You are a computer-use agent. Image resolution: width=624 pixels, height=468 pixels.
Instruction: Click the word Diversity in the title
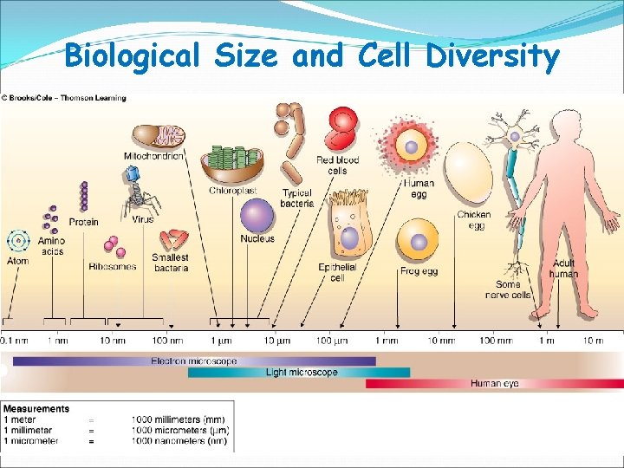(x=494, y=56)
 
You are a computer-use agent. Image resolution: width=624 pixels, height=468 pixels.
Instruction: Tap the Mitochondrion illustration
(x=159, y=136)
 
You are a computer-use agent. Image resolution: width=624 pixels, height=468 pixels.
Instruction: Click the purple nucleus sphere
(x=257, y=216)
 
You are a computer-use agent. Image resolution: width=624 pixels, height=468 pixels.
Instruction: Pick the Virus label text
(x=143, y=219)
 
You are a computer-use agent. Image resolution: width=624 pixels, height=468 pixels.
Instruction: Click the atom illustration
(x=17, y=240)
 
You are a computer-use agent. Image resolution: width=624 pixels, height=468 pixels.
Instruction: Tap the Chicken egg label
(x=473, y=219)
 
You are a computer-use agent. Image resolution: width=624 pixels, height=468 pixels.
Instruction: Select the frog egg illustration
(x=418, y=240)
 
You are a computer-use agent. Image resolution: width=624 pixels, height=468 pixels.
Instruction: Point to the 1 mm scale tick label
(x=387, y=341)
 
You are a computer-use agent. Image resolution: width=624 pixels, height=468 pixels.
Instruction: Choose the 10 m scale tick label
(x=592, y=341)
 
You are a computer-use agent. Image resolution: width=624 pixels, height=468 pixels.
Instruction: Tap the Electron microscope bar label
(x=194, y=361)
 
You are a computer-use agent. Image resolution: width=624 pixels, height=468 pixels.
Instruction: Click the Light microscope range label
(x=302, y=372)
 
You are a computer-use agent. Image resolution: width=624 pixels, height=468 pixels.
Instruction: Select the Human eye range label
(x=495, y=383)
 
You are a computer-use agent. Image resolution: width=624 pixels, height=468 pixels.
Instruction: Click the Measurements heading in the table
(x=36, y=408)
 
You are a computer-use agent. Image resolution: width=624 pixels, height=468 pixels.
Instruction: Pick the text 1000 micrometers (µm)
(x=179, y=430)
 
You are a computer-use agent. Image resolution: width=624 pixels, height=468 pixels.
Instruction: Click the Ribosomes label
(x=112, y=266)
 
